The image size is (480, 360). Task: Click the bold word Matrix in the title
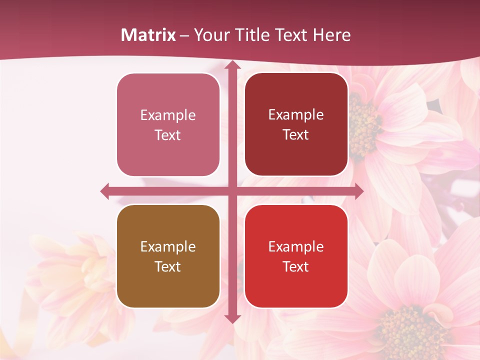[148, 35]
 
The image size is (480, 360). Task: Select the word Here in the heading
[331, 35]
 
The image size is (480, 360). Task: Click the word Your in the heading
[210, 35]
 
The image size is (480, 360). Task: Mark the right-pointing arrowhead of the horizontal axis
[359, 191]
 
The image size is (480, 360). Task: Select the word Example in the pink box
[168, 115]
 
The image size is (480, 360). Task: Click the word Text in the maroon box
[296, 135]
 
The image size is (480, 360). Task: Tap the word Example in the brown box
[168, 246]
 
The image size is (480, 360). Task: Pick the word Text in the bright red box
[296, 266]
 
